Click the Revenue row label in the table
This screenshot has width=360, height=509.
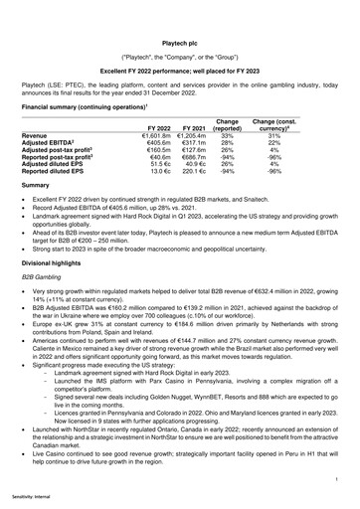click(35, 135)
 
